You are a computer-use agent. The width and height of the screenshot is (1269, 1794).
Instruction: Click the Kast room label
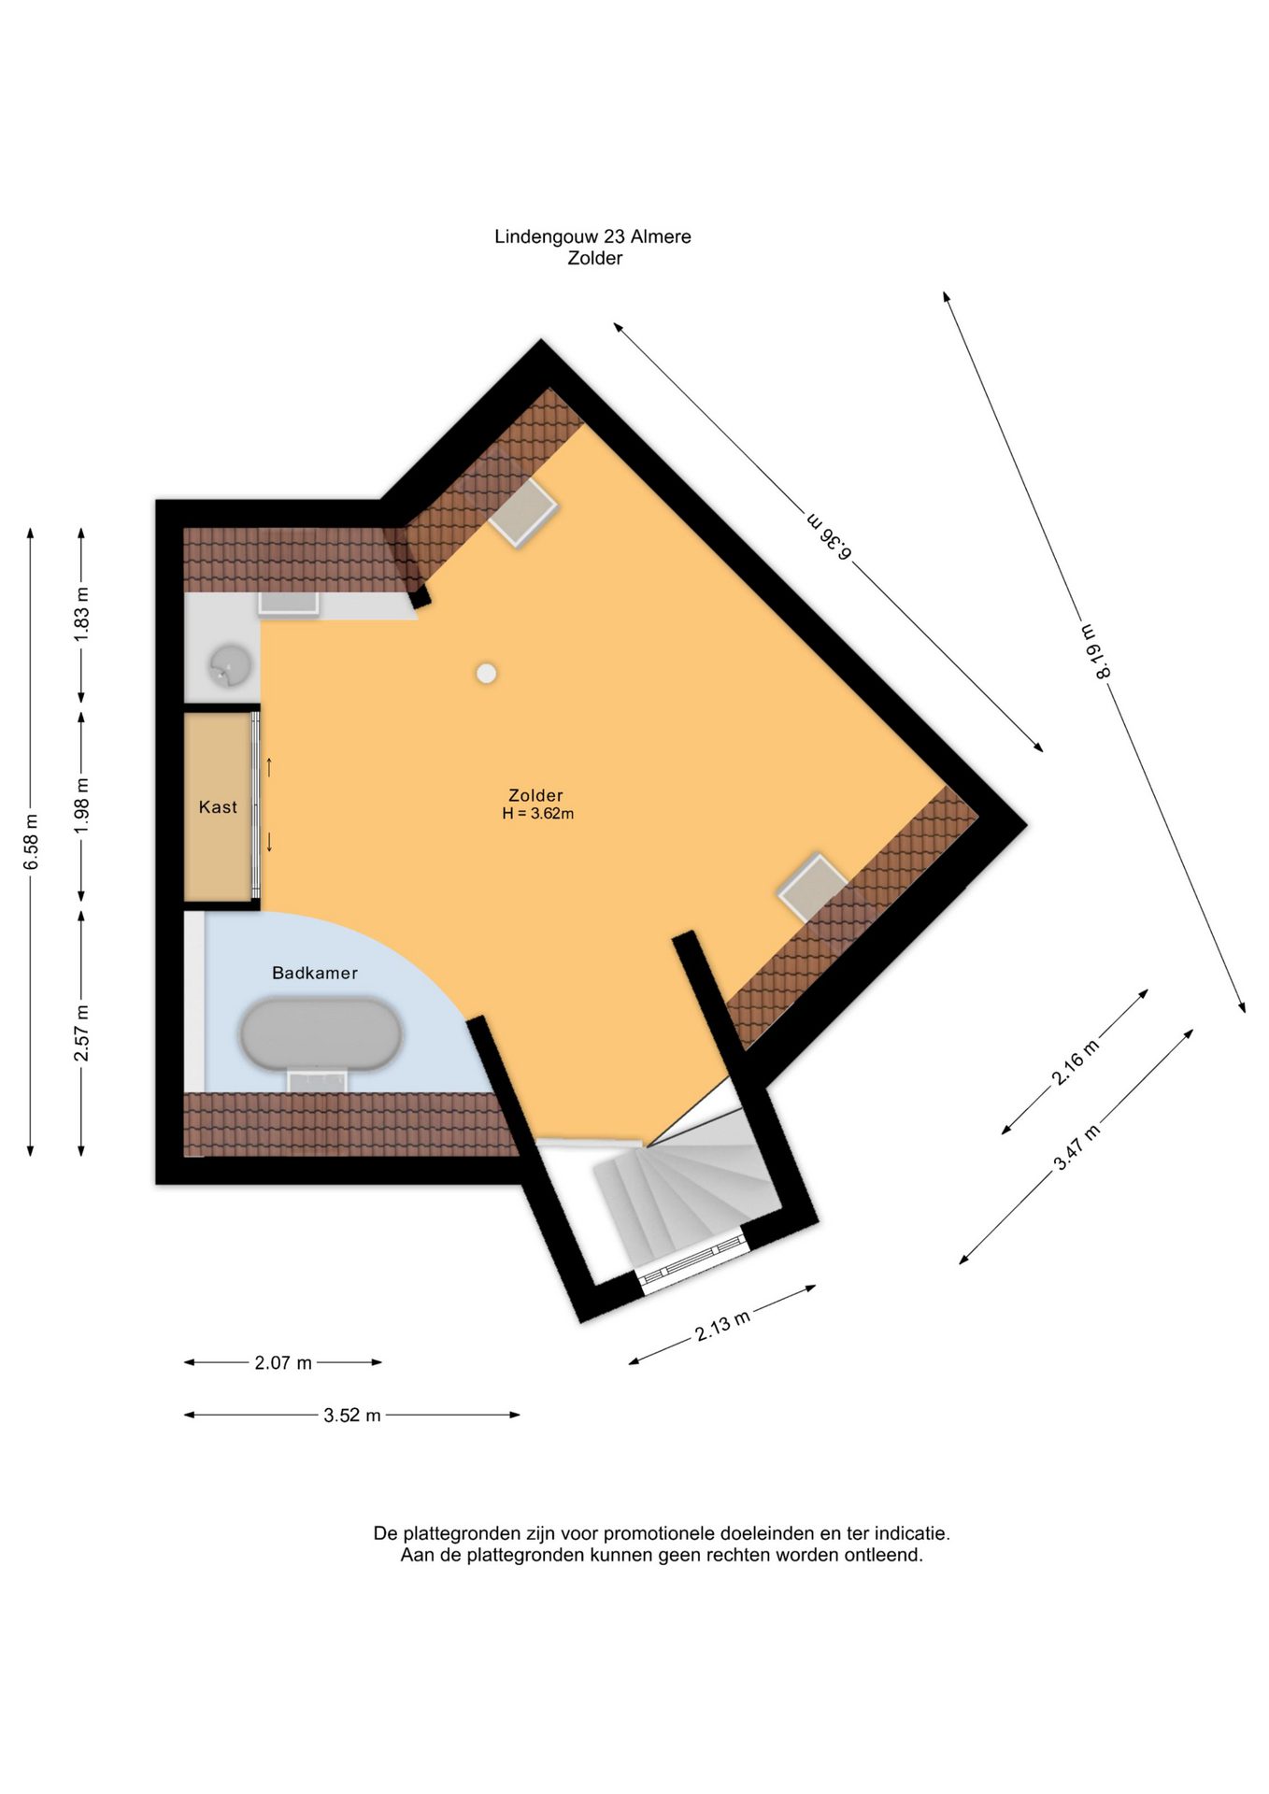(218, 807)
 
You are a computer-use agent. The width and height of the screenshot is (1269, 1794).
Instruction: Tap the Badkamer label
(315, 973)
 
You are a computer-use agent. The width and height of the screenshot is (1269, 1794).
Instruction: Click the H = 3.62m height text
(538, 814)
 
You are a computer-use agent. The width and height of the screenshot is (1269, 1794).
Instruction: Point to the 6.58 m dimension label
(32, 842)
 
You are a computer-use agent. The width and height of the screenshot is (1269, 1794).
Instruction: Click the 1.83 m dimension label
(82, 614)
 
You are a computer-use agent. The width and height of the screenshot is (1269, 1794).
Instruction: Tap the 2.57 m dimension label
(82, 1033)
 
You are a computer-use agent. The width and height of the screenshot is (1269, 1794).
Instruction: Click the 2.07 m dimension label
(283, 1363)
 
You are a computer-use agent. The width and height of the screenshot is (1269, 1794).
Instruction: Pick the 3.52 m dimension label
(352, 1416)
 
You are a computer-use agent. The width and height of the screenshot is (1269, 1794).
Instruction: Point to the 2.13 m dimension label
(722, 1326)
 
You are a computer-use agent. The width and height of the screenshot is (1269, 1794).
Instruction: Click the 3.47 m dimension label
(1077, 1147)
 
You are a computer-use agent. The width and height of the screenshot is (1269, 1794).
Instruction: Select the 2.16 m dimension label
(1076, 1062)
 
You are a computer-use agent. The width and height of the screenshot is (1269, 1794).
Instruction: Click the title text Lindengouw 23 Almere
(593, 237)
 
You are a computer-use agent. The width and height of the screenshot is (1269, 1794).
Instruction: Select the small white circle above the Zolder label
(486, 673)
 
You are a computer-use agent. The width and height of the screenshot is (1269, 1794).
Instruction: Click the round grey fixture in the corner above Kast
(229, 665)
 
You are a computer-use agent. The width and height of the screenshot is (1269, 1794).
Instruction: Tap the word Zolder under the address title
(595, 259)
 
